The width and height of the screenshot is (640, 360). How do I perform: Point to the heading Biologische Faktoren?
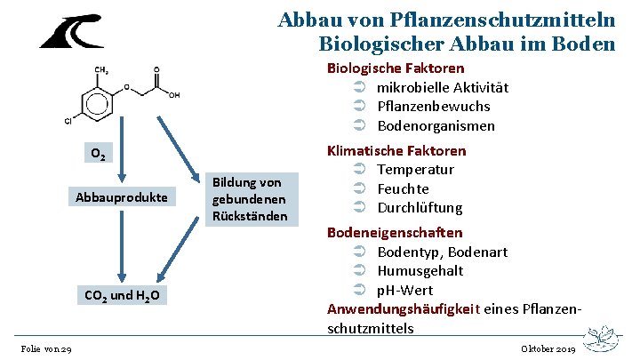(396, 68)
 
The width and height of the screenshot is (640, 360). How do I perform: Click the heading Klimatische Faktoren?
(396, 150)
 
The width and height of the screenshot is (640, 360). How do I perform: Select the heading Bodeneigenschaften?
(395, 232)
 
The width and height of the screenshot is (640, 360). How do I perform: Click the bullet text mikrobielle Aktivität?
(443, 87)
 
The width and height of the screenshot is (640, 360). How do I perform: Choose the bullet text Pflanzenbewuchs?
(434, 107)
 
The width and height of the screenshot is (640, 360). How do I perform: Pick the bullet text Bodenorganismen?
(436, 125)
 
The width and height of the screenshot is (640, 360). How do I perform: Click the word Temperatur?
(416, 170)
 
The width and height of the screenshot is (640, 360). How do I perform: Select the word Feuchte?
(404, 188)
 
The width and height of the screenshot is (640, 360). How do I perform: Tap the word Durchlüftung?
(420, 208)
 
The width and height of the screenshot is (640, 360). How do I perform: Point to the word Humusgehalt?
(420, 271)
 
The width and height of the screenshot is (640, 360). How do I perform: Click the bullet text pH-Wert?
(404, 290)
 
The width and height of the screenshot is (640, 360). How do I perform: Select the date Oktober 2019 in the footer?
(547, 349)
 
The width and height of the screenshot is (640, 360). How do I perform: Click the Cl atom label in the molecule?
(68, 121)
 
